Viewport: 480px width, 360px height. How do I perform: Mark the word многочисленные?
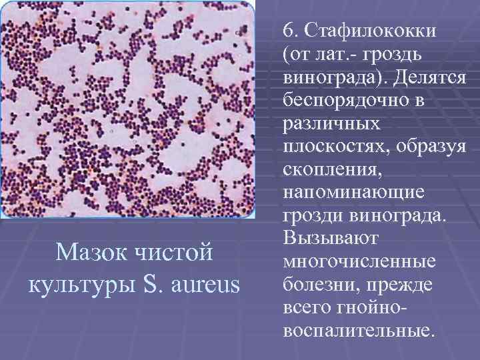coord(359,261)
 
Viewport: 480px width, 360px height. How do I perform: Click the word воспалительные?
coord(357,331)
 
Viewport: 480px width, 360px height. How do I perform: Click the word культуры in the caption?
coord(79,285)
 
